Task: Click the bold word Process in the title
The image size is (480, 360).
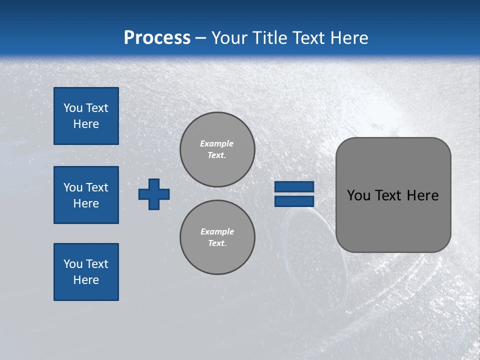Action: pyautogui.click(x=157, y=38)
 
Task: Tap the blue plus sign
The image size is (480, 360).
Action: pyautogui.click(x=154, y=194)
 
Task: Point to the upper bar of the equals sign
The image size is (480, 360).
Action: pyautogui.click(x=294, y=186)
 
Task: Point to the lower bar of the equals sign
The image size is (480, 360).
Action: pyautogui.click(x=294, y=201)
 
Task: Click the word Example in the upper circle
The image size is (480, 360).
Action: pyautogui.click(x=217, y=143)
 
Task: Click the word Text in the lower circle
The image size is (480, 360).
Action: pyautogui.click(x=217, y=243)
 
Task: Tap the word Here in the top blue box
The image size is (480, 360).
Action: pyautogui.click(x=86, y=124)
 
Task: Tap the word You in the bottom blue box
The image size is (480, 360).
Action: pyautogui.click(x=73, y=264)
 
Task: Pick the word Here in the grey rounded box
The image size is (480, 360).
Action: pyautogui.click(x=422, y=195)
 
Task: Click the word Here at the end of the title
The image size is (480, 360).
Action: pyautogui.click(x=350, y=38)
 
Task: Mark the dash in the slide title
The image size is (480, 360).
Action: pyautogui.click(x=200, y=38)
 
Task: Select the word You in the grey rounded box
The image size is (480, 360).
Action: pyautogui.click(x=358, y=195)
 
